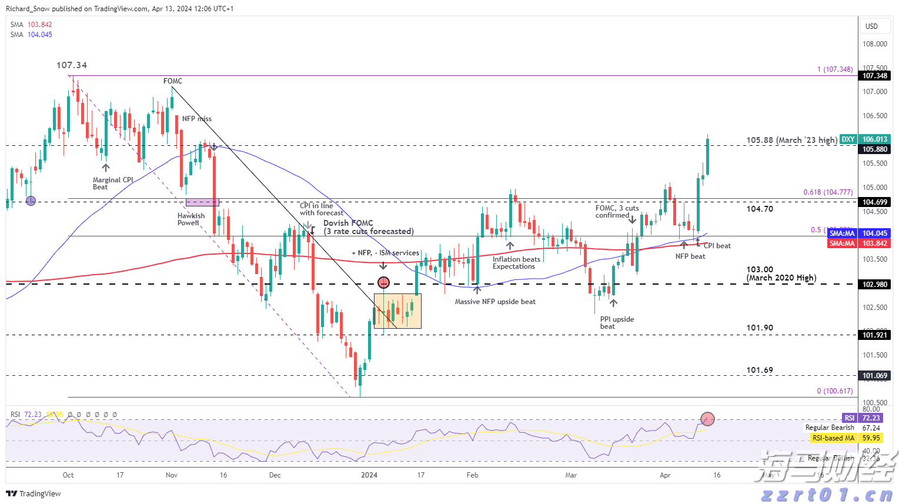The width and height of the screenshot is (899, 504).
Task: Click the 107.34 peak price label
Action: pyautogui.click(x=72, y=65)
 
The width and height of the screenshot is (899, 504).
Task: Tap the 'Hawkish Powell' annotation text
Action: pyautogui.click(x=191, y=219)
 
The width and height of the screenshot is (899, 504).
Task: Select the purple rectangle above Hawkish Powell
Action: pyautogui.click(x=202, y=202)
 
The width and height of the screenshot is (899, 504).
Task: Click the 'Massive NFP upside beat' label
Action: pyautogui.click(x=495, y=302)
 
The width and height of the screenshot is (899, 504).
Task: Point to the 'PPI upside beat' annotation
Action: pyautogui.click(x=617, y=323)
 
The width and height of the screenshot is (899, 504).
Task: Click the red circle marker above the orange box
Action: pyautogui.click(x=383, y=283)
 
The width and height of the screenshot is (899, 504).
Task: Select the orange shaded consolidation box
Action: pyautogui.click(x=397, y=311)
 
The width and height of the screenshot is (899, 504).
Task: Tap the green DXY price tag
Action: pyautogui.click(x=848, y=139)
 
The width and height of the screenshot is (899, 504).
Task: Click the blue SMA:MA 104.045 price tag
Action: pyautogui.click(x=842, y=233)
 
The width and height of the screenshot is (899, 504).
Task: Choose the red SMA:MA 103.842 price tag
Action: pyautogui.click(x=842, y=243)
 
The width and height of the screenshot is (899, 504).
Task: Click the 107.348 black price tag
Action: pyautogui.click(x=875, y=76)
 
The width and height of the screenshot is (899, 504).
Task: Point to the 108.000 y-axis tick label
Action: pyautogui.click(x=874, y=44)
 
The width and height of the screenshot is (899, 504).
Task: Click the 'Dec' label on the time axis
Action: pyautogui.click(x=275, y=475)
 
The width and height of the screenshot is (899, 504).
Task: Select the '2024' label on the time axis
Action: pyautogui.click(x=369, y=475)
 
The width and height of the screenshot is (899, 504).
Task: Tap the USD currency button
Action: pyautogui.click(x=871, y=26)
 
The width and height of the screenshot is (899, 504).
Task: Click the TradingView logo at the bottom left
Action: pyautogui.click(x=34, y=493)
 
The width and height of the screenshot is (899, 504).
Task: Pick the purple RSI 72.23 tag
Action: pyautogui.click(x=850, y=418)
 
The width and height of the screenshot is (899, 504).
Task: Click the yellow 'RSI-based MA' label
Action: pyautogui.click(x=833, y=438)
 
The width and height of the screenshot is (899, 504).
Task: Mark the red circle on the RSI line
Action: pyautogui.click(x=707, y=419)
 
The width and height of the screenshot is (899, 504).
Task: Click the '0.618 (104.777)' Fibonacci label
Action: pyautogui.click(x=828, y=192)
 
